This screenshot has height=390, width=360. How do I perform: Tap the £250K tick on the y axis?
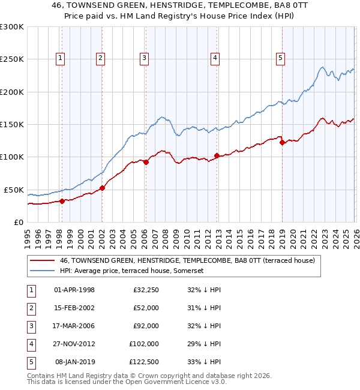pos(12,59)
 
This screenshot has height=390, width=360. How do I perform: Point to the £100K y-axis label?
pos(12,157)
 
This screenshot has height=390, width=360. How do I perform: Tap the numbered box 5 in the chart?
pos(281,58)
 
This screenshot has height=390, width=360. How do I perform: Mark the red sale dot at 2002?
pos(102,188)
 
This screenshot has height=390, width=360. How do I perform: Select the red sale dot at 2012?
pos(217,156)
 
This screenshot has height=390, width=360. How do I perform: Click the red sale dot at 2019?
pos(282,142)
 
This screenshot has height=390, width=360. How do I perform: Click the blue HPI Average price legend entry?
pos(132,271)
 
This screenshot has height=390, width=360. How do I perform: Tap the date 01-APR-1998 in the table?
pos(74,290)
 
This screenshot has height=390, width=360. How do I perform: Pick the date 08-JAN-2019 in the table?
pos(74,362)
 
